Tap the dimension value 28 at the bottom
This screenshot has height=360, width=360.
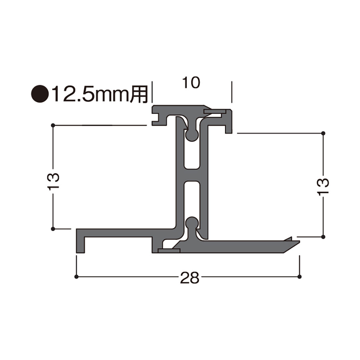pyautogui.click(x=189, y=277)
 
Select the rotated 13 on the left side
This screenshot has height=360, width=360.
pyautogui.click(x=54, y=181)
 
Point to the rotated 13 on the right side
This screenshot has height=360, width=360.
pyautogui.click(x=323, y=187)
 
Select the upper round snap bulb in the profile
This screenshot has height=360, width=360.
pyautogui.click(x=192, y=135)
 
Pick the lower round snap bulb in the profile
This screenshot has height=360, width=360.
pyautogui.click(x=192, y=222)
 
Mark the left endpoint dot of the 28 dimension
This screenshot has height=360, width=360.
pyautogui.click(x=76, y=277)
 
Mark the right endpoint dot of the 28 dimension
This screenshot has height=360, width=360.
pyautogui.click(x=299, y=277)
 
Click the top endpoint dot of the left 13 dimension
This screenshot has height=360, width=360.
pyautogui.click(x=53, y=125)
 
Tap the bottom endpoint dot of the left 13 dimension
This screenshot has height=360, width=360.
pyautogui.click(x=53, y=229)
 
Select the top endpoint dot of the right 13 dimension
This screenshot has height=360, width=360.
pyautogui.click(x=323, y=133)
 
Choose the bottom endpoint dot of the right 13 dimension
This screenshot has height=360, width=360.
pyautogui.click(x=323, y=237)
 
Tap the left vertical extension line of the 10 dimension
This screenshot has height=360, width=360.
pyautogui.click(x=152, y=92)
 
